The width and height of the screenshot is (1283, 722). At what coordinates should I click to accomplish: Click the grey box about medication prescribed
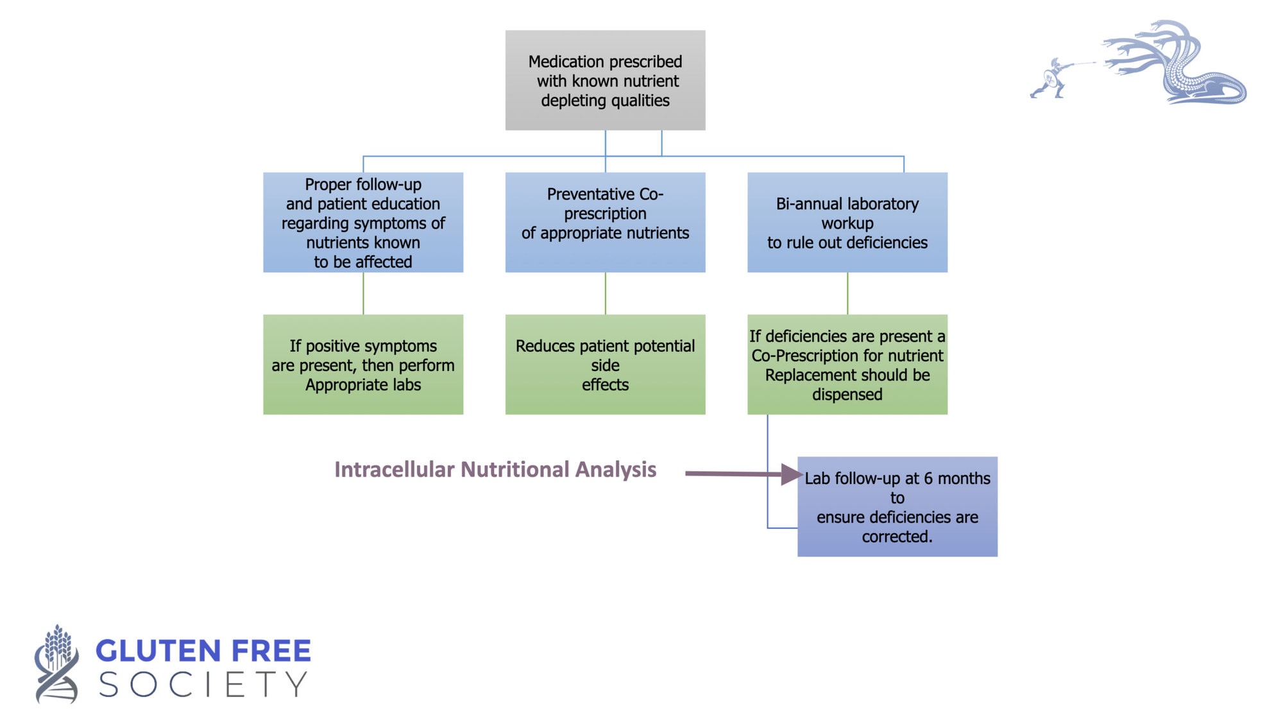click(x=605, y=80)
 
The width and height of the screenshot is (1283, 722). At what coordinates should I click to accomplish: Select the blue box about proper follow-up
click(x=363, y=222)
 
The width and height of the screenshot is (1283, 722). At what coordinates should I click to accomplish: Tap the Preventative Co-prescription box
click(x=605, y=222)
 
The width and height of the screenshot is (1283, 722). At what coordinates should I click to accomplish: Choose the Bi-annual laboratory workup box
click(x=847, y=222)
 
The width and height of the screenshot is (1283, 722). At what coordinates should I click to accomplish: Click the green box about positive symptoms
click(x=363, y=365)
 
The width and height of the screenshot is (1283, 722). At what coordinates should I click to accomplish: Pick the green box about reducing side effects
click(x=605, y=365)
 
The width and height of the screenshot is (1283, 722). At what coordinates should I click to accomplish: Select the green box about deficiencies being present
click(x=847, y=365)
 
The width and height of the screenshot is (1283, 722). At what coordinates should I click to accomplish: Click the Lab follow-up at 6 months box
click(x=897, y=506)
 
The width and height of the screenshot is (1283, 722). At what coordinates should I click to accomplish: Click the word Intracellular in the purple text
click(x=395, y=469)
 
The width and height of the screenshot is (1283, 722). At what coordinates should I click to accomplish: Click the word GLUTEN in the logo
click(x=158, y=651)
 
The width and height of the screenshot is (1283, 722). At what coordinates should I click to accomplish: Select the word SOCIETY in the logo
click(x=203, y=685)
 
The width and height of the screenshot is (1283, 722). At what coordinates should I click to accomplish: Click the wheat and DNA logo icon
click(x=56, y=664)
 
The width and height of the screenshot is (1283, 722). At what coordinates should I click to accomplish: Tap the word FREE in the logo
click(x=271, y=651)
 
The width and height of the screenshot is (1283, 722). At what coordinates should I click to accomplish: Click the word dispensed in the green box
click(x=847, y=394)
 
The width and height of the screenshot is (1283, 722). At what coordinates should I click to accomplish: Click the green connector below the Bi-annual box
click(x=847, y=293)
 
